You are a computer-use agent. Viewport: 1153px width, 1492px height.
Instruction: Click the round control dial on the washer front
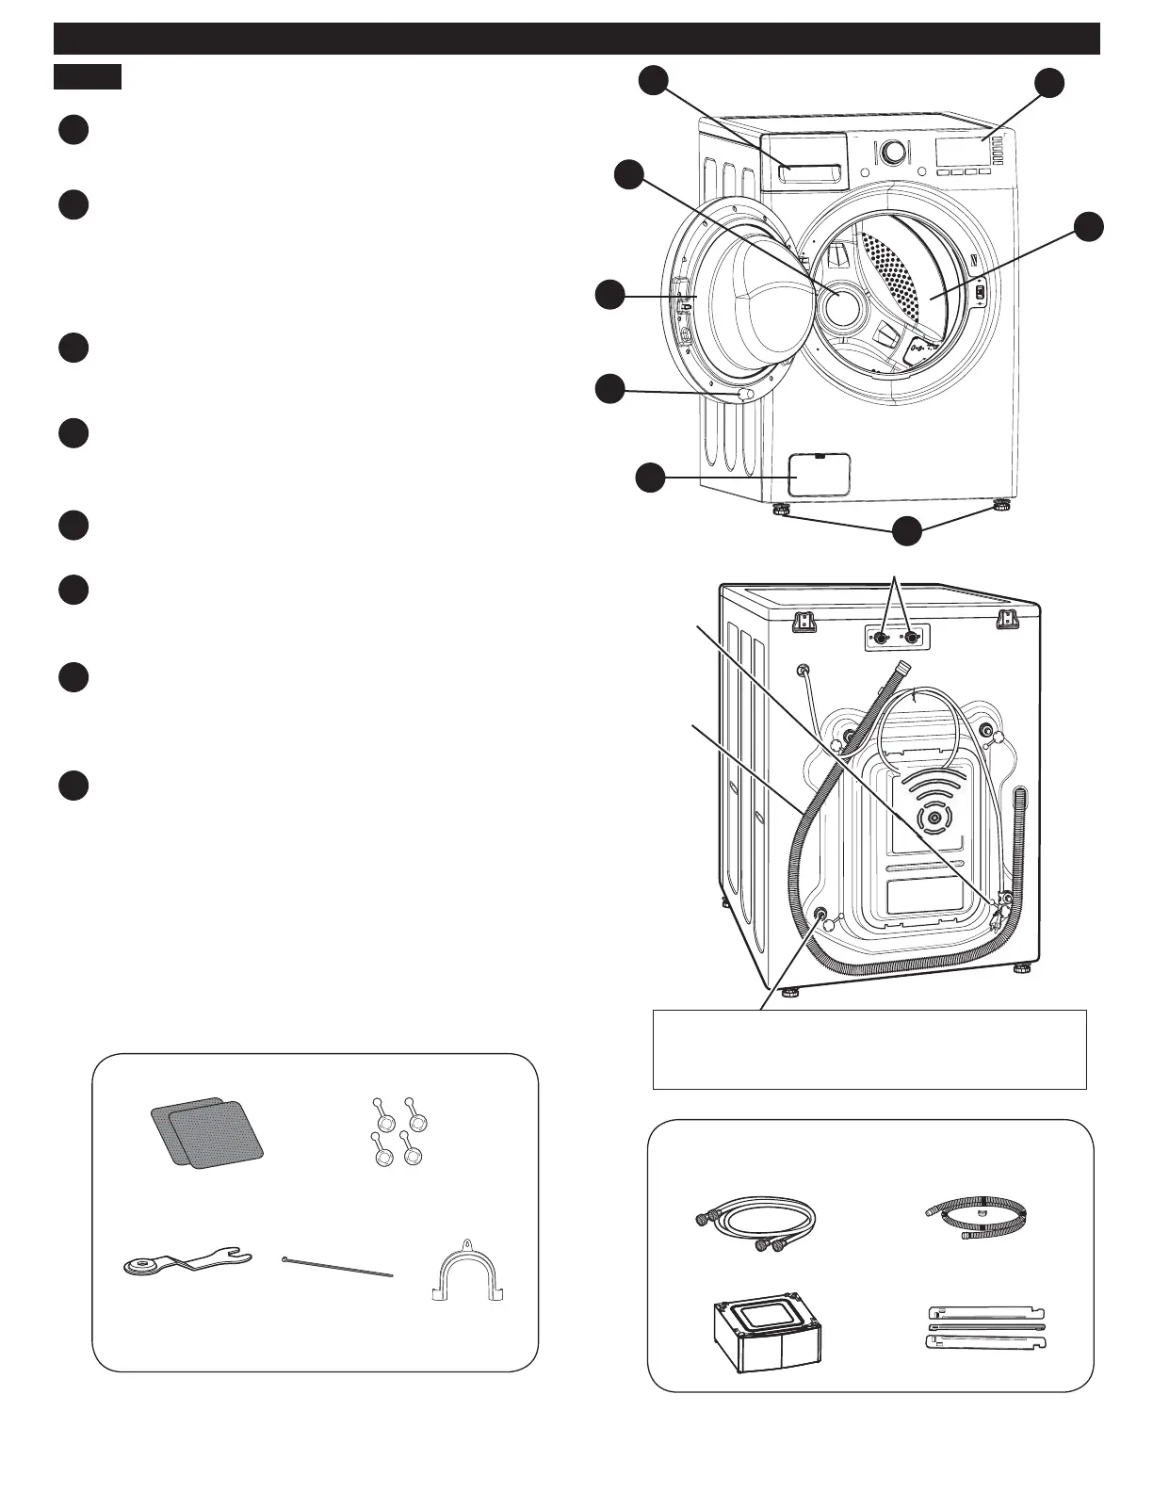click(x=894, y=151)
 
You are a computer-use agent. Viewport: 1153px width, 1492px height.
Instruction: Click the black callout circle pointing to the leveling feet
click(x=906, y=530)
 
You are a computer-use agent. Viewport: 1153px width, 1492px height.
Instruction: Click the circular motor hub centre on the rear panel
click(x=933, y=819)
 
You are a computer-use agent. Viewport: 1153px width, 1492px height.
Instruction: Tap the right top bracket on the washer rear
click(x=1007, y=619)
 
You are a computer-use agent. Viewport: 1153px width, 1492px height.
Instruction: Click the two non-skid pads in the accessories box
click(x=207, y=1131)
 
